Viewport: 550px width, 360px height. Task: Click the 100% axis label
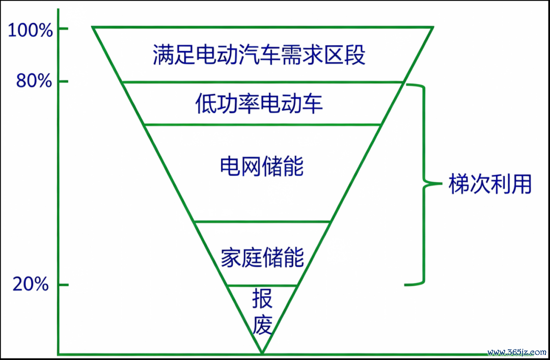[30, 30]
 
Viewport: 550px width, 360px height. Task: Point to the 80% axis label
[34, 81]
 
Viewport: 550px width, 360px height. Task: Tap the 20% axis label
[31, 284]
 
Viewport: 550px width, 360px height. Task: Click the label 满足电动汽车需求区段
[259, 54]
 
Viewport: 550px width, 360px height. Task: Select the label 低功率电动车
[259, 103]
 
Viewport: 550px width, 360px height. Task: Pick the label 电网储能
[262, 166]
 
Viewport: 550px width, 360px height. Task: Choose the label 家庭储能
[262, 257]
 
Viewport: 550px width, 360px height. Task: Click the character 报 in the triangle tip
[262, 298]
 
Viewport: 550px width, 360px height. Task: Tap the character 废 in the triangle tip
[262, 324]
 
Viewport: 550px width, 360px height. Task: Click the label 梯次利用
[490, 183]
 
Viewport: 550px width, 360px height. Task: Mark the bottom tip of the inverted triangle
[262, 353]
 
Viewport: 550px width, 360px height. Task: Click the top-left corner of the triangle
[92, 26]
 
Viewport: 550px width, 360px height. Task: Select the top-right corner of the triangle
[433, 26]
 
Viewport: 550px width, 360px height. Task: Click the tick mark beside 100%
[63, 29]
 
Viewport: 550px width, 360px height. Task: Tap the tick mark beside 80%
[63, 81]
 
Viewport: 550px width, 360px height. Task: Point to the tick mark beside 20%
[63, 285]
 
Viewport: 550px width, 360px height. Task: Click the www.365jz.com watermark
[517, 352]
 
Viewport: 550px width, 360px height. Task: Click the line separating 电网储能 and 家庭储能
[262, 222]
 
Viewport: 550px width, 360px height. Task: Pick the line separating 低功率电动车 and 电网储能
[262, 125]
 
